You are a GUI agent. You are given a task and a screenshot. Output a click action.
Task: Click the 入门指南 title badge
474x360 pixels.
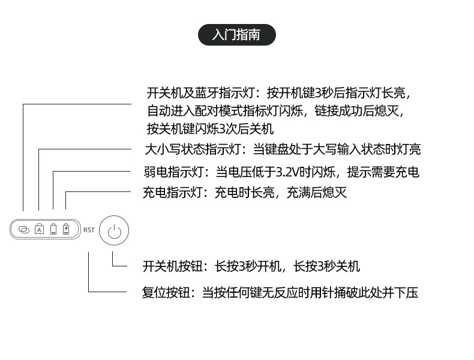point(236,35)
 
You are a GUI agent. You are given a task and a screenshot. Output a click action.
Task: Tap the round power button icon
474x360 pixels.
point(114,230)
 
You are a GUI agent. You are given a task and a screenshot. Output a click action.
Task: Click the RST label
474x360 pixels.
point(89,230)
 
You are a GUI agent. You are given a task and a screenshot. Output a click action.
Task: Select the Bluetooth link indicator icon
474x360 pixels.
point(24,229)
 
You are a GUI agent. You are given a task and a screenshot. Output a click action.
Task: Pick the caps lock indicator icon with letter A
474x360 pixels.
point(39,229)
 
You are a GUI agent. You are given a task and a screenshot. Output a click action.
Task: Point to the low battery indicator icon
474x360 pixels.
point(53,229)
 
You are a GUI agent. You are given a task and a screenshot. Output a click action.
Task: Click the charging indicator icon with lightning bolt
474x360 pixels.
point(66,229)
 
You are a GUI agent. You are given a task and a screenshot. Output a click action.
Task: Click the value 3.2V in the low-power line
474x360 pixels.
point(287,172)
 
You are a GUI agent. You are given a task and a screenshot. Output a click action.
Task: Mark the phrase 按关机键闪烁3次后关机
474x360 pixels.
point(211,128)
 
